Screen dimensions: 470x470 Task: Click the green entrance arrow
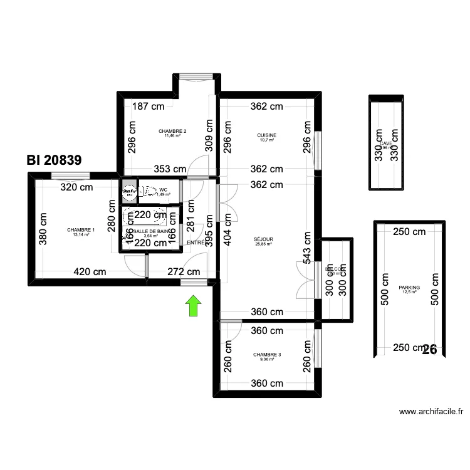[x=194, y=305]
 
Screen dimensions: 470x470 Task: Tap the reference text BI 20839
[x=54, y=160]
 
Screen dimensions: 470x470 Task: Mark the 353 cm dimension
[x=170, y=169]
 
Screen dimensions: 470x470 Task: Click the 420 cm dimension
[x=90, y=272]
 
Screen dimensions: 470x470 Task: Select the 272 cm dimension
[x=184, y=272]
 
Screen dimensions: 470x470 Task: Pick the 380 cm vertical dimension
[x=43, y=229]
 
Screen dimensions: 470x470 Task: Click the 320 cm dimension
[x=77, y=187]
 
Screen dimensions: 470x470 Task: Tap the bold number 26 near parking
[x=430, y=349]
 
